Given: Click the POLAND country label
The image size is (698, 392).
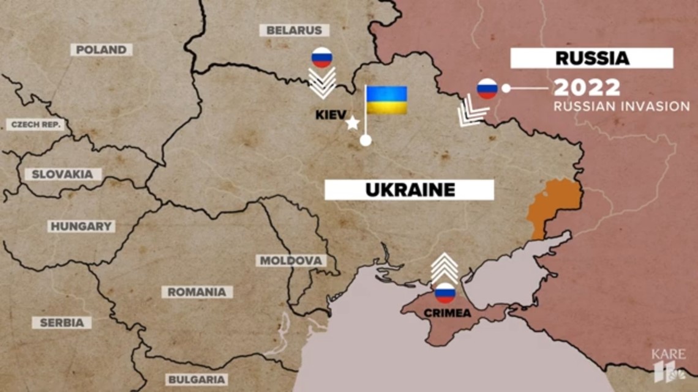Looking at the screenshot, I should pyautogui.click(x=102, y=50).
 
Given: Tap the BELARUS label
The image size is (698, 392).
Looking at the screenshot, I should pyautogui.click(x=294, y=30).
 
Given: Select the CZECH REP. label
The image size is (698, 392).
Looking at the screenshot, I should pyautogui.click(x=34, y=125).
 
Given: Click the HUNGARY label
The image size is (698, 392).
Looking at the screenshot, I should pyautogui.click(x=81, y=226).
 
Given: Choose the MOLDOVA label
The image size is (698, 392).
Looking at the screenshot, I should pyautogui.click(x=290, y=261).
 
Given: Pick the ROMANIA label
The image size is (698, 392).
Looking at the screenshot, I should pyautogui.click(x=197, y=292).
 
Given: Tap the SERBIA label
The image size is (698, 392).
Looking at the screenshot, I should pyautogui.click(x=61, y=322).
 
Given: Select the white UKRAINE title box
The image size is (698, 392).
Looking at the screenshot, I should pyautogui.click(x=409, y=190).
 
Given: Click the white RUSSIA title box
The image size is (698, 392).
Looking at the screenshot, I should pyautogui.click(x=591, y=58).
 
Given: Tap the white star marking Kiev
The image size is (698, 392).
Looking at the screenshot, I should pyautogui.click(x=353, y=124).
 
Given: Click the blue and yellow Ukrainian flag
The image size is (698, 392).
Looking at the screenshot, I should pyautogui.click(x=386, y=100).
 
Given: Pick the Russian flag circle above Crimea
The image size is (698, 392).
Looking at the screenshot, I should pyautogui.click(x=445, y=293).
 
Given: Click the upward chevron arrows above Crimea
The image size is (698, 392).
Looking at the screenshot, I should pyautogui.click(x=445, y=267).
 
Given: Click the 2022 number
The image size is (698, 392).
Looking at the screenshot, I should pyautogui.click(x=587, y=88).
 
